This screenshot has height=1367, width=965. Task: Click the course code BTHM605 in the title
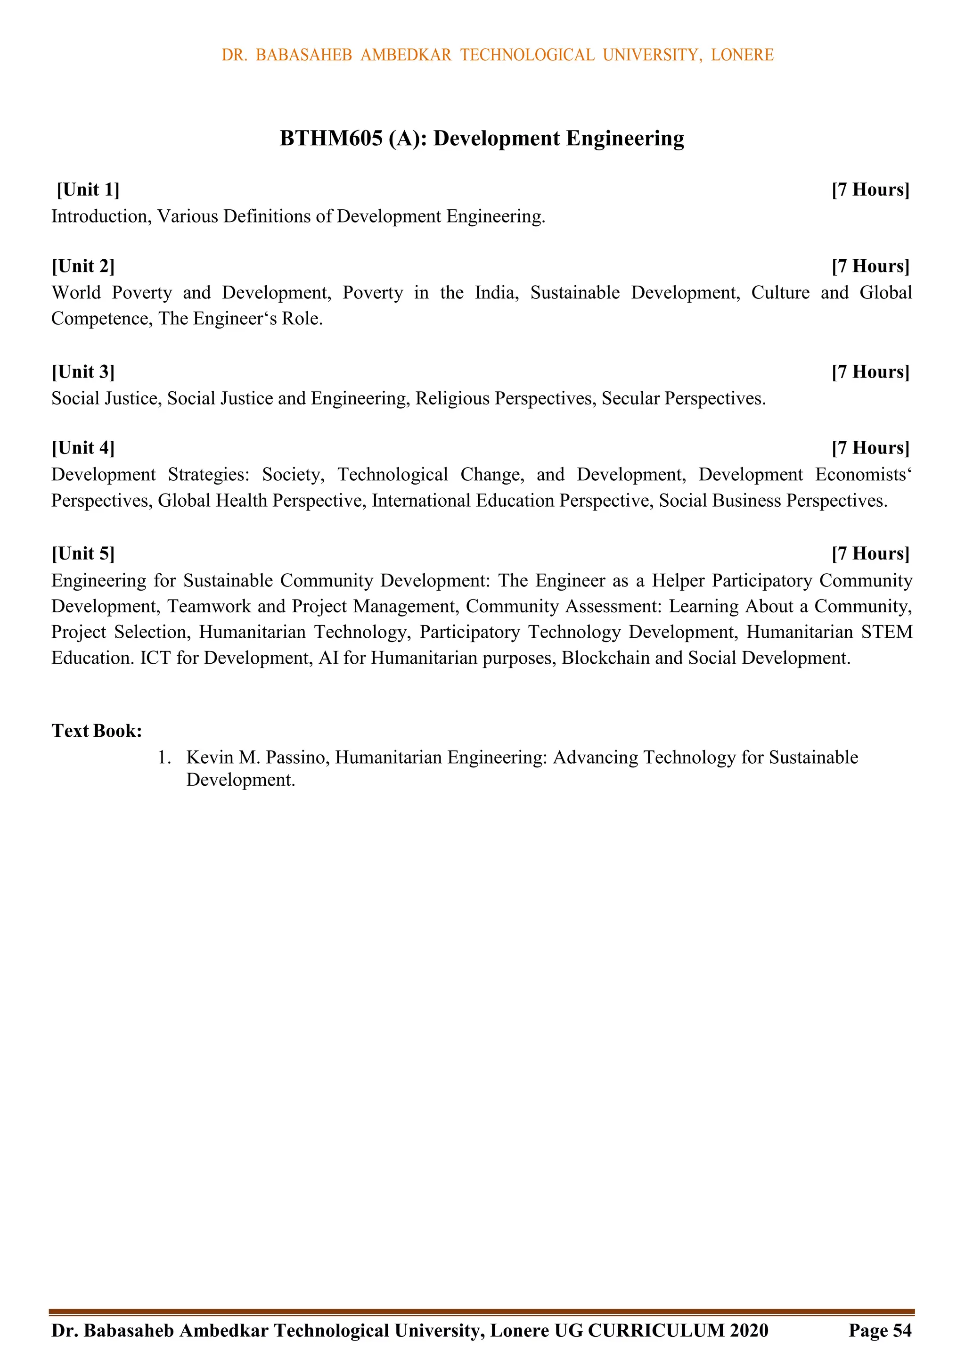tap(331, 138)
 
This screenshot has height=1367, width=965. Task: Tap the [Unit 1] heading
tap(88, 190)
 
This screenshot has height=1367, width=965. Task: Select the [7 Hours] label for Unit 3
tap(870, 372)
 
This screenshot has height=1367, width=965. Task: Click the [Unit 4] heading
tap(83, 448)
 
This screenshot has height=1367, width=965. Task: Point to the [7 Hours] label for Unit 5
tap(870, 554)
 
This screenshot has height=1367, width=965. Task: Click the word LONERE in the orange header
tap(742, 55)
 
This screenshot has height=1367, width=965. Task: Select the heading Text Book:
tap(97, 731)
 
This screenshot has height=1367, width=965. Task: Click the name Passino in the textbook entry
tap(296, 758)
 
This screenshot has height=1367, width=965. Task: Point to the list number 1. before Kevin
tap(165, 758)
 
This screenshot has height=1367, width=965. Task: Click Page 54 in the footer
tap(880, 1331)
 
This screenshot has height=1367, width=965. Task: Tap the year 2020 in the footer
tap(749, 1331)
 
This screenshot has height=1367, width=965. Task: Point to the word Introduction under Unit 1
tap(101, 216)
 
